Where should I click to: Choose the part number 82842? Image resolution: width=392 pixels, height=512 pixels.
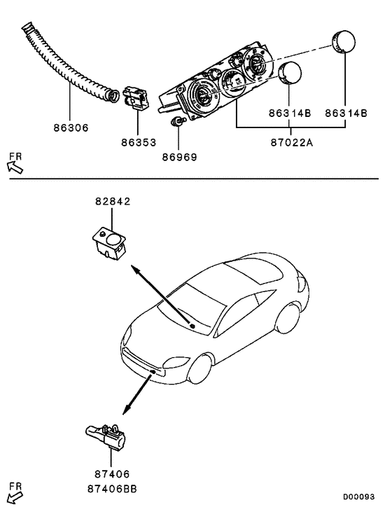click(113, 202)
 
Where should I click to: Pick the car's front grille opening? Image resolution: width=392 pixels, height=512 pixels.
click(144, 364)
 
